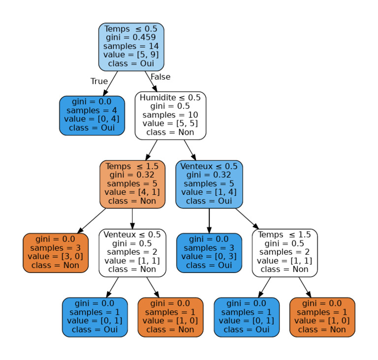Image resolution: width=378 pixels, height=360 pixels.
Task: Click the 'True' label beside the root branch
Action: (99, 81)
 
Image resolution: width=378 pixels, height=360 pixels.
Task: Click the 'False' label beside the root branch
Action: (160, 77)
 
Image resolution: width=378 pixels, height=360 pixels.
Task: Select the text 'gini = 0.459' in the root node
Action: (131, 37)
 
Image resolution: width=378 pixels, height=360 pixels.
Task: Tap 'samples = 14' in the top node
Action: (131, 46)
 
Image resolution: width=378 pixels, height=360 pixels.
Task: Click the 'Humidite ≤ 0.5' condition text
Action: (170, 97)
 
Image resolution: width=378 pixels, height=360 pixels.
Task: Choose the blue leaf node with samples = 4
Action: (92, 115)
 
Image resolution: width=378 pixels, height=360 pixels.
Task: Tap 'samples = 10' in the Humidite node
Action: (170, 115)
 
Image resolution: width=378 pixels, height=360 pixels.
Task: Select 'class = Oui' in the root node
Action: (131, 64)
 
